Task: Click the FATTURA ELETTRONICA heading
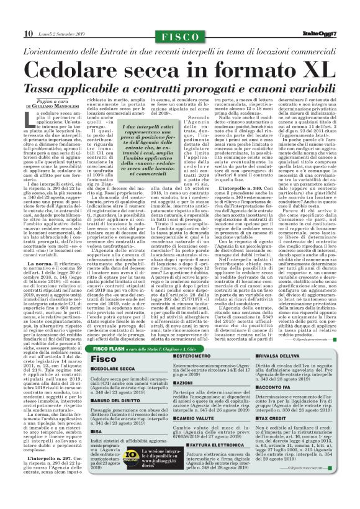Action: [x=196, y=463]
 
